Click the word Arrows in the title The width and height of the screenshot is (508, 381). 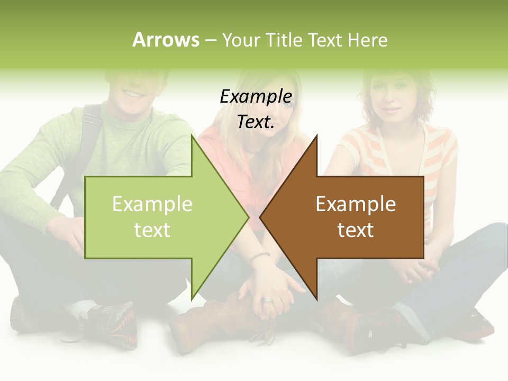tap(166, 40)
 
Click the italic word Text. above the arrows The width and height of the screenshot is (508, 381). tap(256, 122)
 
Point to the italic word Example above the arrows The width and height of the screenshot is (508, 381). tap(256, 96)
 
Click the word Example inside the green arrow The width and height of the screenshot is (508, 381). tap(152, 204)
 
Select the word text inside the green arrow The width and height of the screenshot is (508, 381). tap(152, 230)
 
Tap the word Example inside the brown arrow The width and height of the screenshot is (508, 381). tap(356, 204)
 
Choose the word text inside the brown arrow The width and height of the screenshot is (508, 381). tap(356, 230)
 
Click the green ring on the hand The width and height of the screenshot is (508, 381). tap(267, 301)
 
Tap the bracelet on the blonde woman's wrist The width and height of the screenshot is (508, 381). tap(260, 257)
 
